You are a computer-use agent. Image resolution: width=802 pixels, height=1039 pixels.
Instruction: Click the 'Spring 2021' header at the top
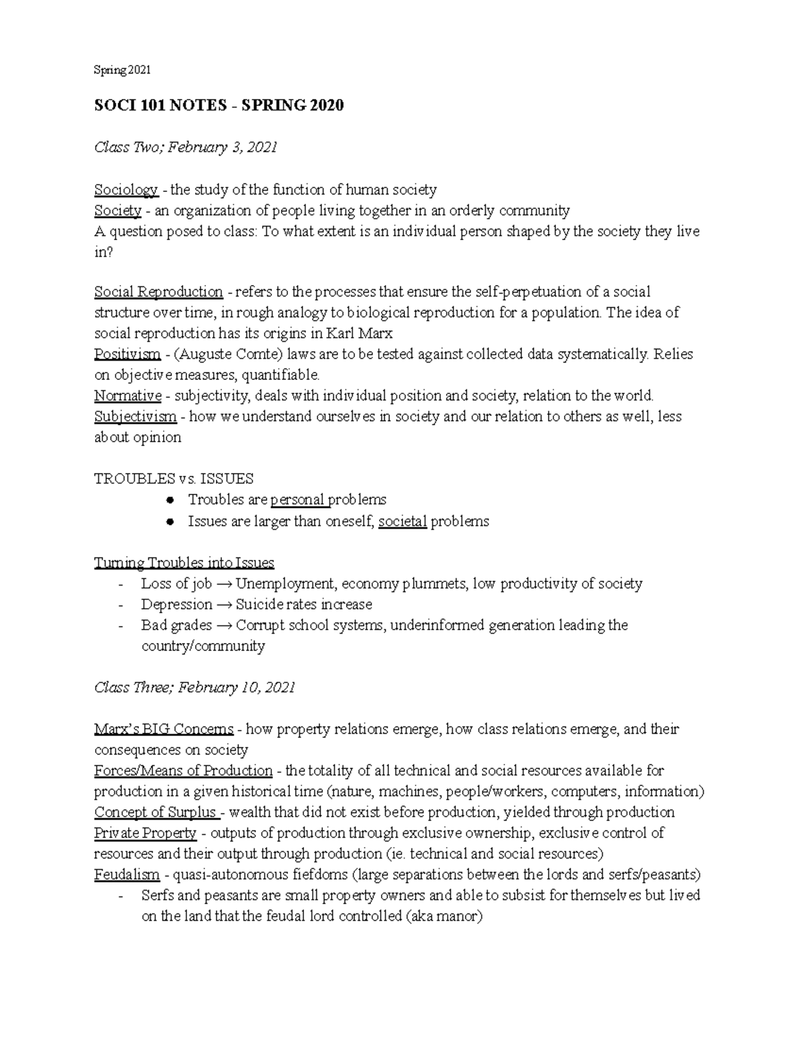[122, 70]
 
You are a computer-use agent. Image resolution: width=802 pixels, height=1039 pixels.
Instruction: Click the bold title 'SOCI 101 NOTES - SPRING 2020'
[219, 105]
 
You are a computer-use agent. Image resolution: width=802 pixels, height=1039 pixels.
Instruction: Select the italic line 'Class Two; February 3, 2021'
[185, 147]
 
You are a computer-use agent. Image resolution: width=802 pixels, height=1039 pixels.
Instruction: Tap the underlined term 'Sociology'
[126, 190]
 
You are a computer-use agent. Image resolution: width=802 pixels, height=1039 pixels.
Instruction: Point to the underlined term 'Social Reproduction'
[158, 292]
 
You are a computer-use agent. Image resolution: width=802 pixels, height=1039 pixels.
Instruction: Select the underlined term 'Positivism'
[127, 354]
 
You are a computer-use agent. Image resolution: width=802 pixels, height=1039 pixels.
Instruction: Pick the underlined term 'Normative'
[128, 395]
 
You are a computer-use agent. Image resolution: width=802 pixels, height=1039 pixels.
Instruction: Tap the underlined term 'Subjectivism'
[135, 416]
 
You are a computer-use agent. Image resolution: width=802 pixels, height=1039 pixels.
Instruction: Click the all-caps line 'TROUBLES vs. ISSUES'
[174, 479]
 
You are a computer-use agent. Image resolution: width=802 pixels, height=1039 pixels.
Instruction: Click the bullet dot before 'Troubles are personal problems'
[171, 500]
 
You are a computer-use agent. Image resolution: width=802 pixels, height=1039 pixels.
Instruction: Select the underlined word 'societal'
[402, 521]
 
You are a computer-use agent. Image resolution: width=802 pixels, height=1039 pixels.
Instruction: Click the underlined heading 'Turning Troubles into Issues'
[184, 563]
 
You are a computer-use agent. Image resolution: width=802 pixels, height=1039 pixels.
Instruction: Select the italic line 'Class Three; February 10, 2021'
[194, 688]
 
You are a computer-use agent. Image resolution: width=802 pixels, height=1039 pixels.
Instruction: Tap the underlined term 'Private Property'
[145, 833]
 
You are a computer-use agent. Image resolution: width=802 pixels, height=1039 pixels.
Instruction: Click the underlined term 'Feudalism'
[126, 874]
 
